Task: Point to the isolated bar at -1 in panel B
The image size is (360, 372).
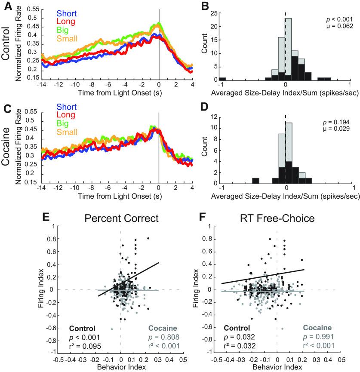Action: point(222,78)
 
